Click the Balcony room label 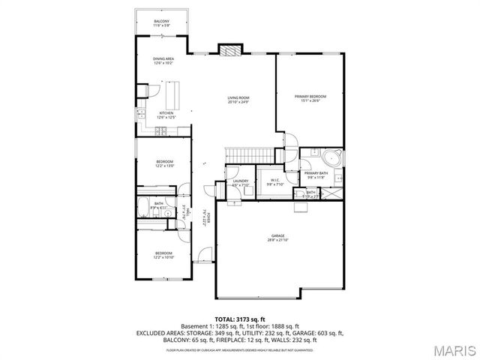(x=161, y=20)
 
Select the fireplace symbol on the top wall (x=230, y=50)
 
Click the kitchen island (x=175, y=95)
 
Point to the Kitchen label (x=166, y=113)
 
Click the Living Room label (x=239, y=98)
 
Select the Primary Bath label (x=316, y=173)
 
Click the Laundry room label (x=241, y=181)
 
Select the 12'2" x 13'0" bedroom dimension (x=164, y=166)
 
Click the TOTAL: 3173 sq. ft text (x=239, y=319)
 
